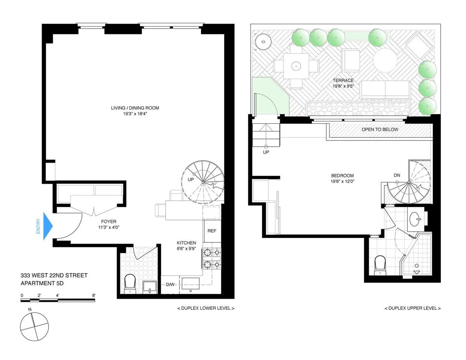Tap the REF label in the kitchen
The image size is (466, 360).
[212, 231]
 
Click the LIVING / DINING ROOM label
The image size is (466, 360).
[135, 108]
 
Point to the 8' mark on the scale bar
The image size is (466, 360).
[94, 295]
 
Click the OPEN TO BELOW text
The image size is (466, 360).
[380, 130]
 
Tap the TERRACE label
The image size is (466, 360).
[343, 81]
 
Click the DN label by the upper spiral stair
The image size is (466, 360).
[397, 175]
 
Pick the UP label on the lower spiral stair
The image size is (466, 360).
[191, 180]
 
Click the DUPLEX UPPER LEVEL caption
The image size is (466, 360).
[412, 308]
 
